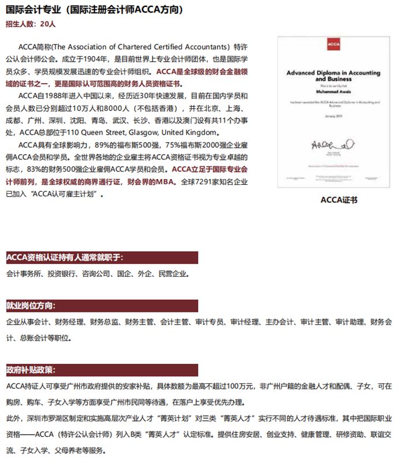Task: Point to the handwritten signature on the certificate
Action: click(328, 143)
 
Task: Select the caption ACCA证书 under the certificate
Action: click(339, 200)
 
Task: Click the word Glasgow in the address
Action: click(153, 132)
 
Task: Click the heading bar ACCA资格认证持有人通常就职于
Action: click(64, 258)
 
